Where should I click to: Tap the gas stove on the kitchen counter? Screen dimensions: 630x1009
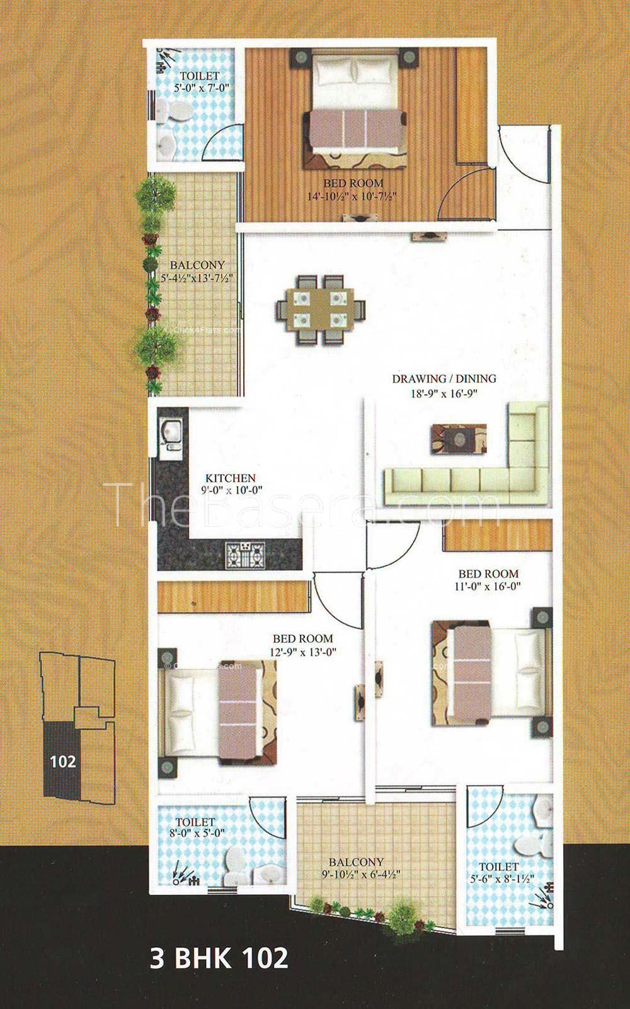[245, 554]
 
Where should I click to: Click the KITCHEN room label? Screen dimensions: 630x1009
[231, 478]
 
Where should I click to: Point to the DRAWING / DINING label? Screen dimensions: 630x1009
[444, 379]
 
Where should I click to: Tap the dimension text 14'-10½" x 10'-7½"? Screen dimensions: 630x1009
[352, 196]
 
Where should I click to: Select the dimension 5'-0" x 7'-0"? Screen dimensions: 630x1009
[202, 88]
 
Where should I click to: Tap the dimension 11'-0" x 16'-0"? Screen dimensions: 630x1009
[488, 586]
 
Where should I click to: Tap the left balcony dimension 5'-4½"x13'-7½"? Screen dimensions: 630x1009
[197, 278]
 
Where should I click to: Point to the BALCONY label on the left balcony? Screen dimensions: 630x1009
[197, 265]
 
